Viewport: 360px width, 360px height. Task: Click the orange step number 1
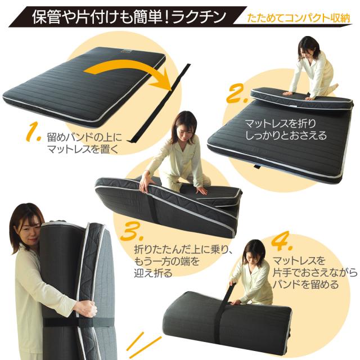(33, 132)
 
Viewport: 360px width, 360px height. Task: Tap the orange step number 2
(237, 93)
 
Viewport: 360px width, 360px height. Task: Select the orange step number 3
(132, 231)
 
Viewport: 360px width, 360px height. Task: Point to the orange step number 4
(282, 242)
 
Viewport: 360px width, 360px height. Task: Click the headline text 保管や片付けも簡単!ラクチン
(129, 16)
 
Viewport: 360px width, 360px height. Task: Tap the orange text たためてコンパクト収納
(299, 19)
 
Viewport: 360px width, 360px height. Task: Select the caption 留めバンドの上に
(84, 138)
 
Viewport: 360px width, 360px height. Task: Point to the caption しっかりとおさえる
(286, 135)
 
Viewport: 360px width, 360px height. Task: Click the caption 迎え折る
(153, 273)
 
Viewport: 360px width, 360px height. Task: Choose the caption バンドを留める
(305, 285)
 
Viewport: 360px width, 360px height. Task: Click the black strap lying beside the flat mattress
(161, 103)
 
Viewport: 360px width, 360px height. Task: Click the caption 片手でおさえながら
(315, 273)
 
